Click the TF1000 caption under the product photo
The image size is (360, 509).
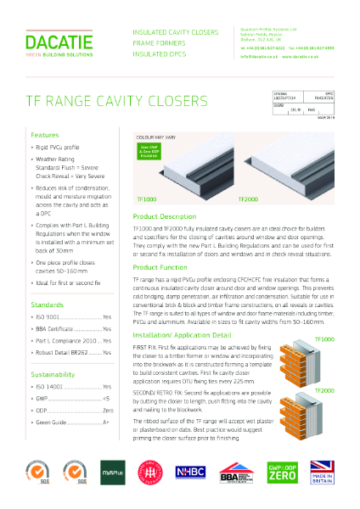point(146,199)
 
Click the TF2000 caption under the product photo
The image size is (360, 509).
point(248,199)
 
